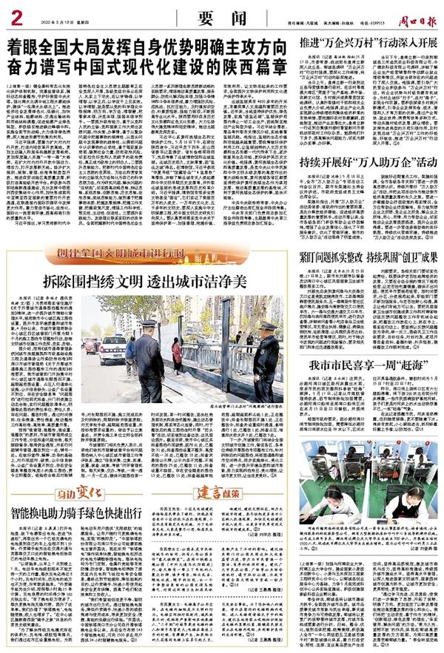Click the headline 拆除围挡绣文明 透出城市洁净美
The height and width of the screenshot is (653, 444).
[154, 282]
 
